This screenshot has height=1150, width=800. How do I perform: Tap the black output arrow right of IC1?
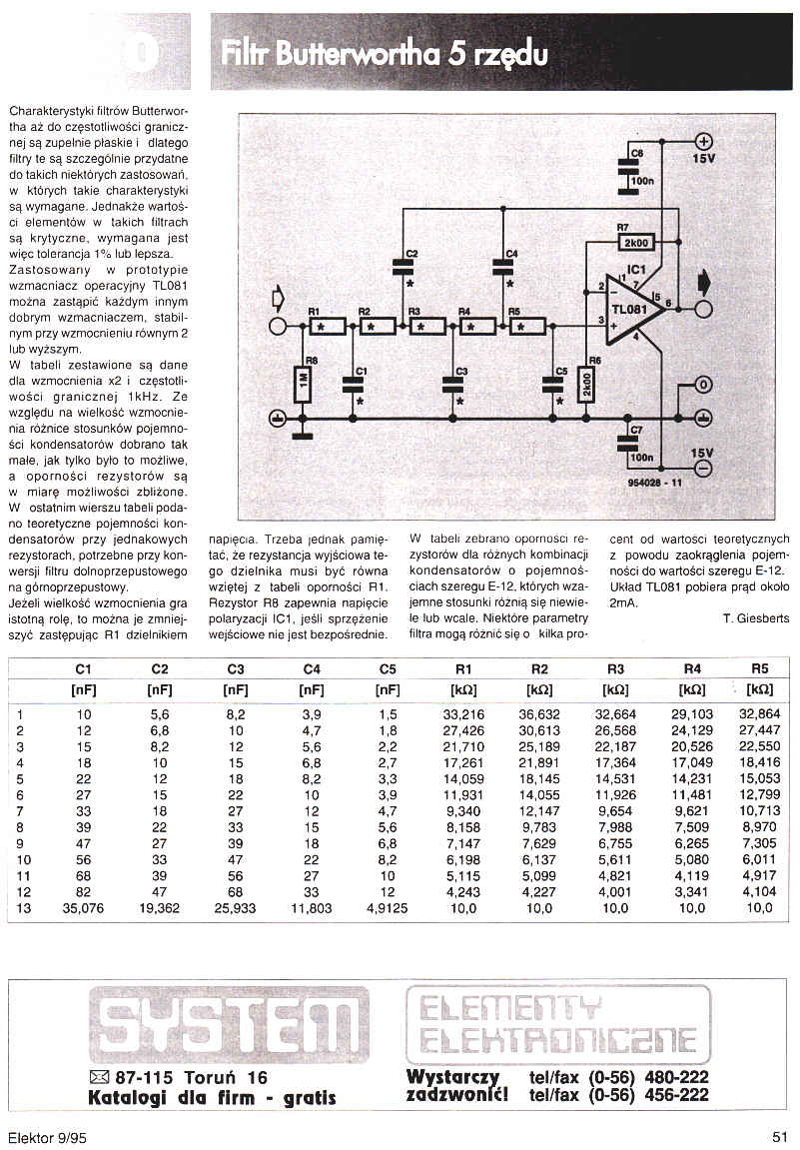704,282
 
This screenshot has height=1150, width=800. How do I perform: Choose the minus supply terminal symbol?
703,468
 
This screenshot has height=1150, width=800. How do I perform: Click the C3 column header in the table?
236,668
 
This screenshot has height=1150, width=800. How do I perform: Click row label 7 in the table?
20,811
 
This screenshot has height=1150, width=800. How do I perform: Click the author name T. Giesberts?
756,618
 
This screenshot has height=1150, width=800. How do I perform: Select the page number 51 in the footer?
780,1135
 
